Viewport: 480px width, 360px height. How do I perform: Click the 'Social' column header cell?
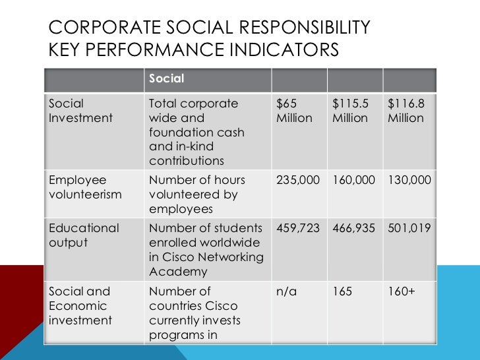pos(167,79)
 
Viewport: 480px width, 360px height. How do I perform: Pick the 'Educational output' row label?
pos(84,235)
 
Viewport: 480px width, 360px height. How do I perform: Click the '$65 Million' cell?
pos(294,111)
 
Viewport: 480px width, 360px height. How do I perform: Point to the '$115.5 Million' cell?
pos(350,111)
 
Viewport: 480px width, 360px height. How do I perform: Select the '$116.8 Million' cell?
pos(405,111)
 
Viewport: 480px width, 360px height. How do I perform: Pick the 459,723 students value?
pos(297,229)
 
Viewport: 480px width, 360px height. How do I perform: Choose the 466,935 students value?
pos(353,229)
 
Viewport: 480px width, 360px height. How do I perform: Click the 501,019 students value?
pos(409,229)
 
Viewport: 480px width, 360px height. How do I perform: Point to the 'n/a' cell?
pos(287,291)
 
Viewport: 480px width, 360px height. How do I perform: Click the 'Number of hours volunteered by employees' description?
pos(196,195)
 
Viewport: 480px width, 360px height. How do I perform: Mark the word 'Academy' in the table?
pos(178,272)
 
